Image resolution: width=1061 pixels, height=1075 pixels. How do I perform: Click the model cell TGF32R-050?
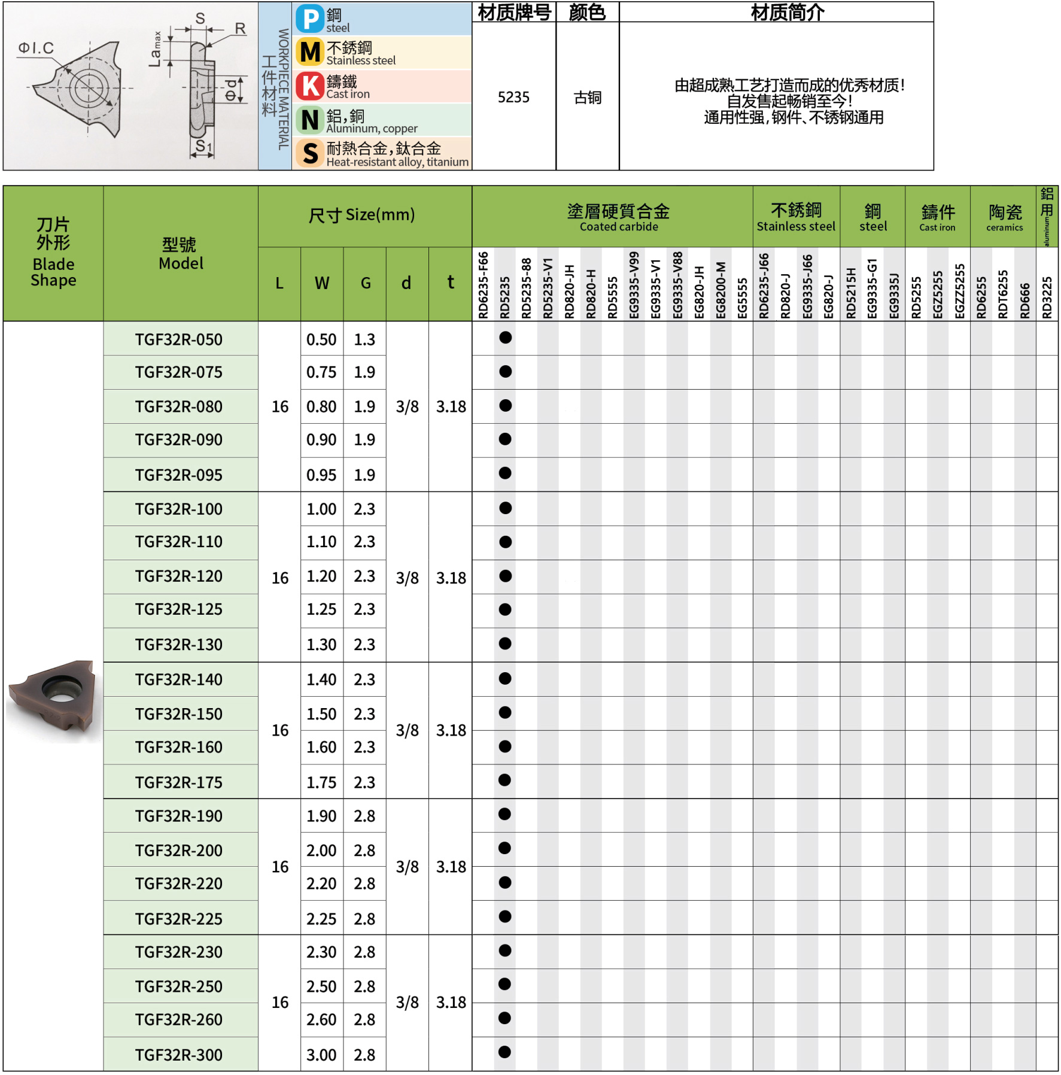(179, 339)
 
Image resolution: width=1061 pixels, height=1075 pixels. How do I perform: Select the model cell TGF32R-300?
(179, 1055)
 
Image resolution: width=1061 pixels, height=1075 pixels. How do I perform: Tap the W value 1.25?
(321, 609)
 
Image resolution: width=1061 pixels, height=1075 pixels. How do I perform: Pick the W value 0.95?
(321, 475)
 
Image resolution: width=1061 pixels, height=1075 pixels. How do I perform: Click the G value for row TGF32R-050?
(364, 339)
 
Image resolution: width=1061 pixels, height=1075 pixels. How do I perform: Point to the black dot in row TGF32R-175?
(505, 780)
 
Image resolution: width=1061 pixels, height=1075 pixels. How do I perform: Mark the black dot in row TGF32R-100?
(505, 508)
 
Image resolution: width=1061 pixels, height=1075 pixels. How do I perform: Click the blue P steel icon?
(311, 19)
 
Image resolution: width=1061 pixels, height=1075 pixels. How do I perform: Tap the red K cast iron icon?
(310, 86)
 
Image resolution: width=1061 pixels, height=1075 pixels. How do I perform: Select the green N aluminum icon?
(310, 120)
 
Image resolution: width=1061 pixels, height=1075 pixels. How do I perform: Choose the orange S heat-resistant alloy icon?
(310, 153)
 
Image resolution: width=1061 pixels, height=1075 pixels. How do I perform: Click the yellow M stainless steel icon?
(310, 52)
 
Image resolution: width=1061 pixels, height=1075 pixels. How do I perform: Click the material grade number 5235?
(513, 98)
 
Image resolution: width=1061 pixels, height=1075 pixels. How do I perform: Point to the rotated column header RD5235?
(505, 297)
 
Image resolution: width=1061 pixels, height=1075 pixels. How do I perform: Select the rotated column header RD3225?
(1047, 297)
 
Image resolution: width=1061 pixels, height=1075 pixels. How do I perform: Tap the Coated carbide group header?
(618, 217)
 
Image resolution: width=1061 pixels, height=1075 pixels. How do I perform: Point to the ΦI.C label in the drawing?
(36, 48)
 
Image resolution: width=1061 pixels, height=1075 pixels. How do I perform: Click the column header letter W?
(322, 283)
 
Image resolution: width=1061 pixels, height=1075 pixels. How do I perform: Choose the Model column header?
(181, 254)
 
